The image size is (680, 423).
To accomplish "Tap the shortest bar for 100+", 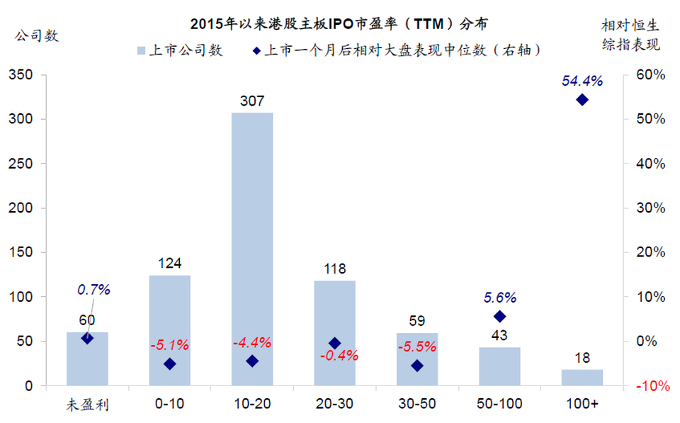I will coord(582,378).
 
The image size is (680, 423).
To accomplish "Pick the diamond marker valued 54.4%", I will coord(582,100).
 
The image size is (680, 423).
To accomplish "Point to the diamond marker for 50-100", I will coord(499,316).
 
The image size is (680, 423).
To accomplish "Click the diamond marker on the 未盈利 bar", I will coord(87,338).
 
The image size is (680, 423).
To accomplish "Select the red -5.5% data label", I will coord(418,348).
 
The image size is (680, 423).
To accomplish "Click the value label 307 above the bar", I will coord(252,101).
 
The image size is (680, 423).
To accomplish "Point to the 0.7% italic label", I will coord(94,290).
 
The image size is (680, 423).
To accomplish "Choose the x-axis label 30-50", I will coord(417,404).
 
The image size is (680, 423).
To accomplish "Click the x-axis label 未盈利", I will coord(87,405).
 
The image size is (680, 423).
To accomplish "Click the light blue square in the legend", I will coord(140,50).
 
